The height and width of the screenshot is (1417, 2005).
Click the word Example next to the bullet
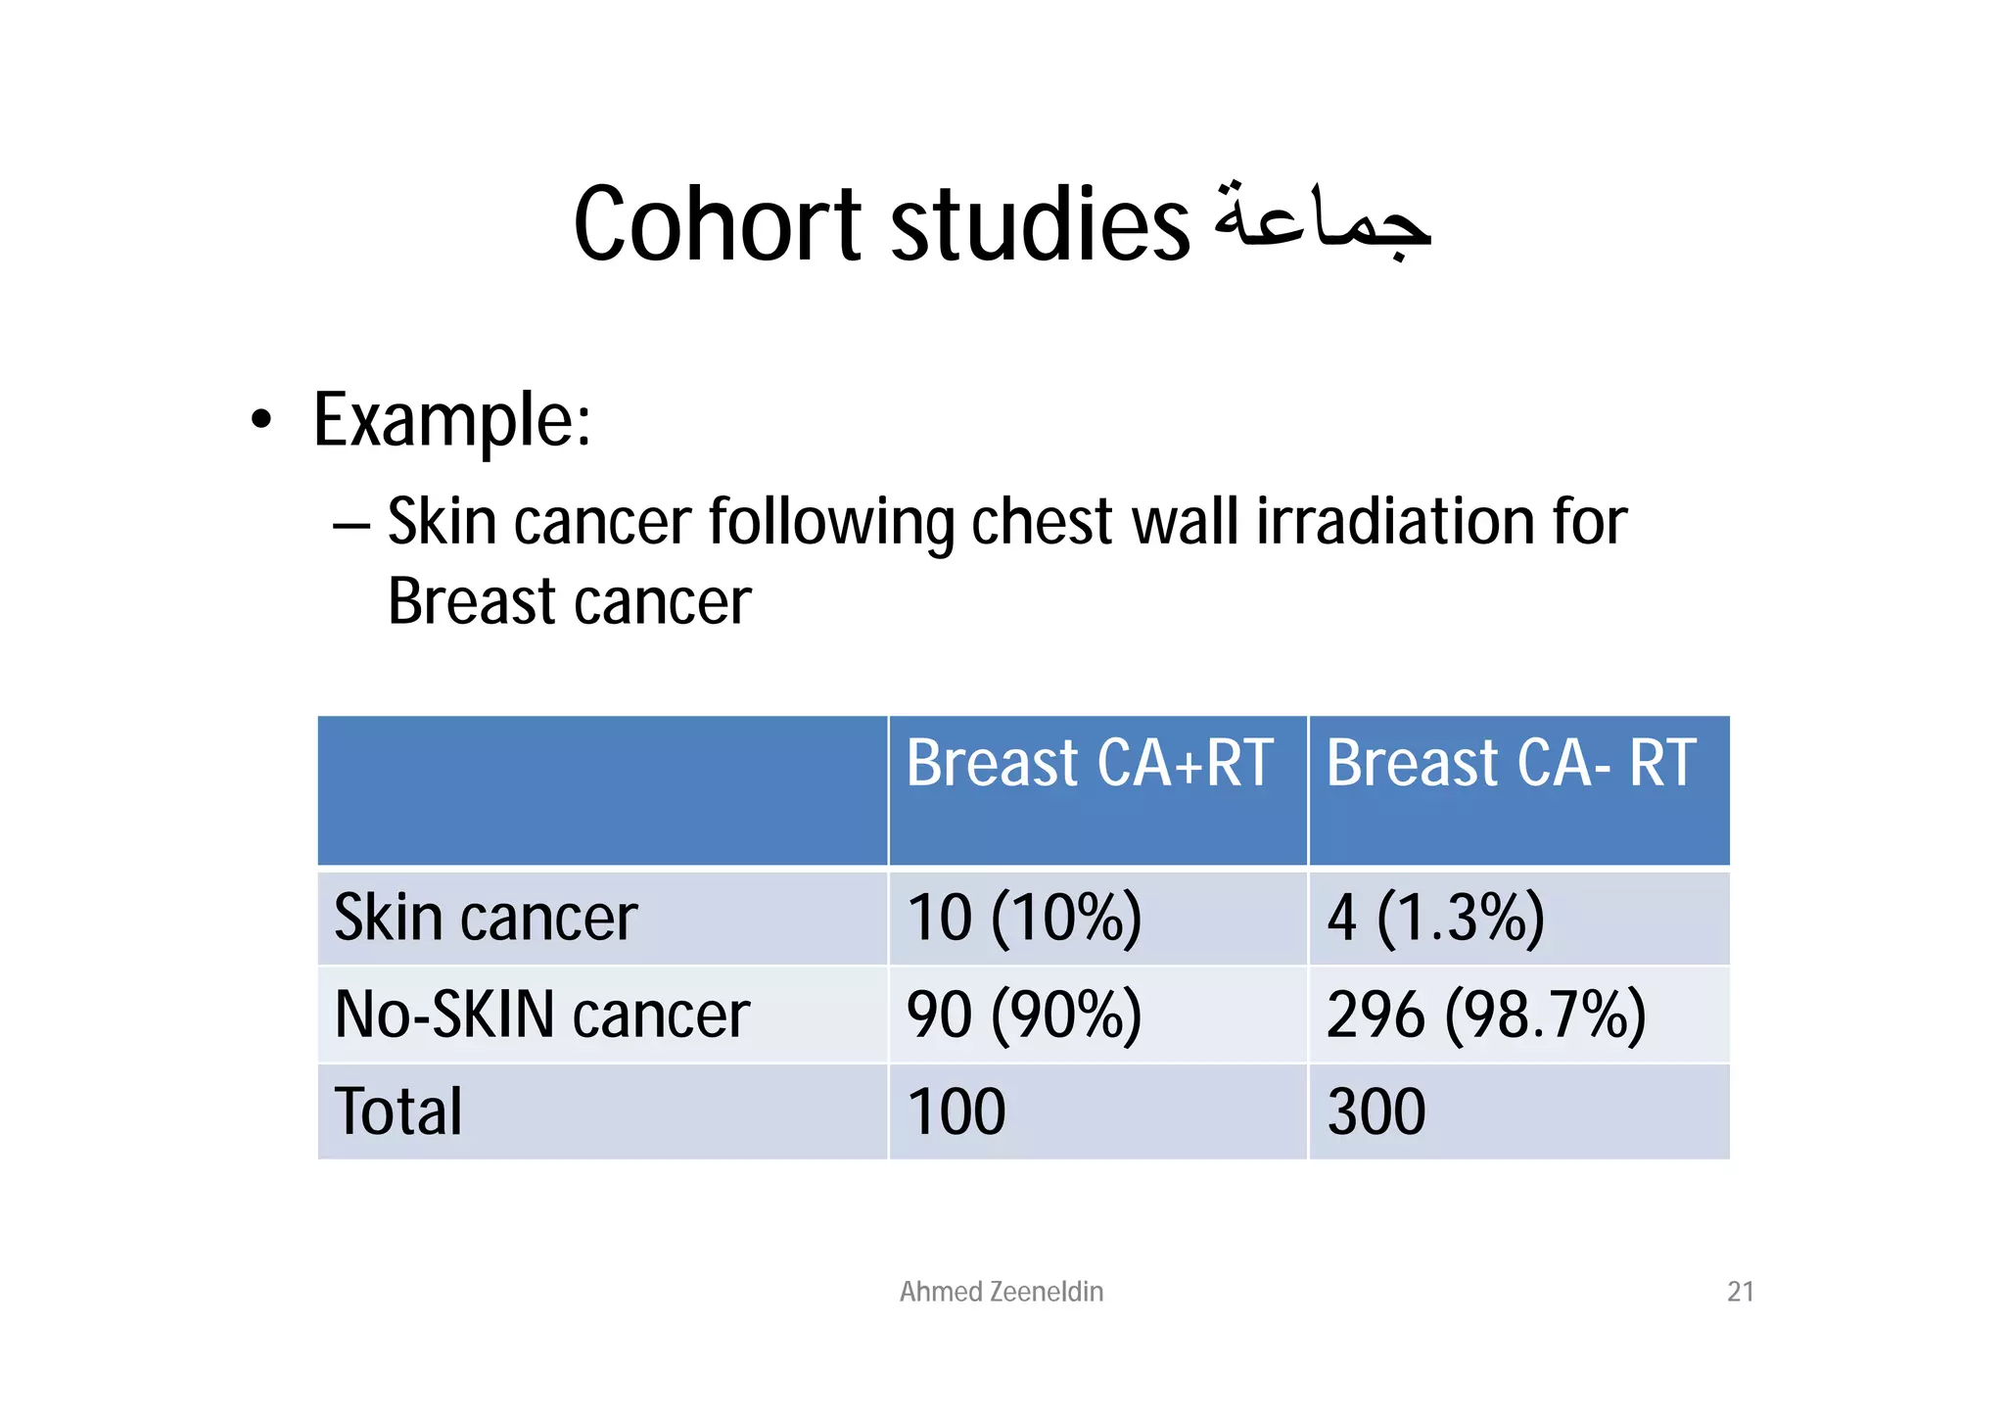tap(451, 421)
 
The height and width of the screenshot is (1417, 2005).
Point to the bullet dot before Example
tap(260, 421)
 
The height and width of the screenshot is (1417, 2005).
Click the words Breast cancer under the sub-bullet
tap(569, 601)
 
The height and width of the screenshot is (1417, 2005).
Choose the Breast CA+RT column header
tap(1089, 764)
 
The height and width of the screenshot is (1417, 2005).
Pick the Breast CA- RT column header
tap(1511, 764)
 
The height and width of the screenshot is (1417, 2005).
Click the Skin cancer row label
tap(486, 919)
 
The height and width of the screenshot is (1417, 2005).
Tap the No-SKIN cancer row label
tap(541, 1015)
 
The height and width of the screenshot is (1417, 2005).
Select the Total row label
tap(398, 1111)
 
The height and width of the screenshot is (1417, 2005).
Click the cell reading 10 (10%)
tap(1024, 919)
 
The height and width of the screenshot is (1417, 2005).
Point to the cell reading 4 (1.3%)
tap(1435, 919)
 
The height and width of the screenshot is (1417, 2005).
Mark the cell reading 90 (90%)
tap(1024, 1015)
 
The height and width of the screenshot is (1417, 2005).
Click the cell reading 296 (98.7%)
tap(1485, 1015)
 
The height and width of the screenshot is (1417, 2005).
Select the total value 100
tap(956, 1111)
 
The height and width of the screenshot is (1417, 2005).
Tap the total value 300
tap(1376, 1111)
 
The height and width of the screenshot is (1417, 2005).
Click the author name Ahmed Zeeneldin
tap(1001, 1292)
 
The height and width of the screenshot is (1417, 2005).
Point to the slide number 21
tap(1740, 1292)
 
